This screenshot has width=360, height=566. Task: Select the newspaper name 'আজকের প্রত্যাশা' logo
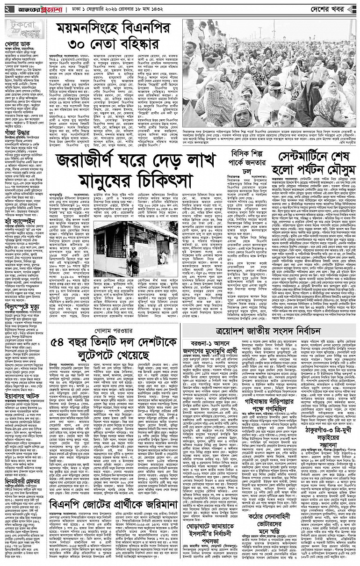(43, 9)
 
